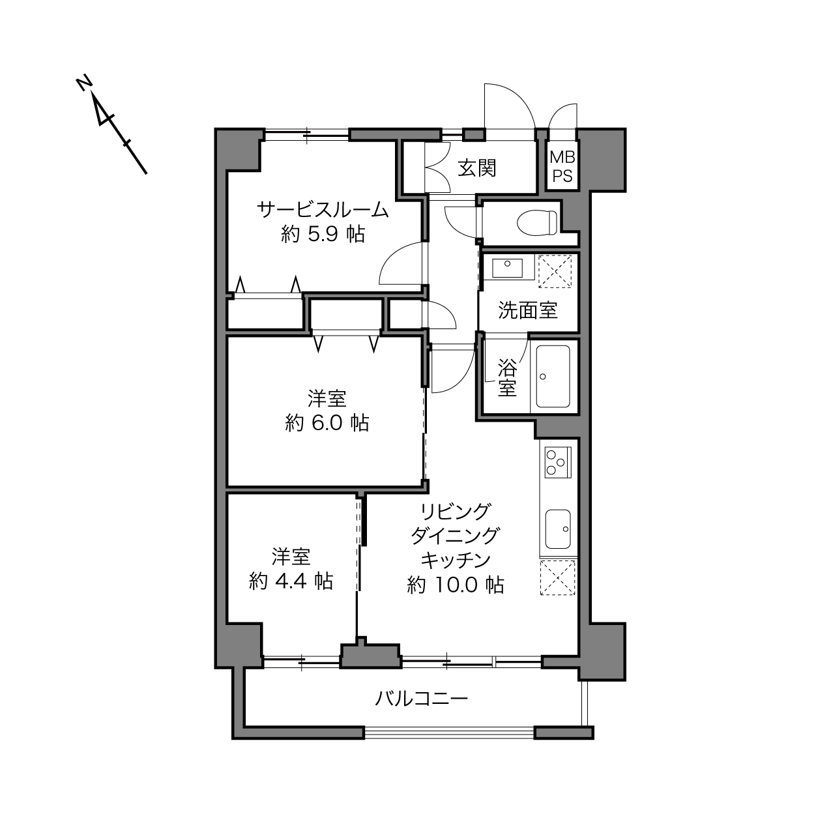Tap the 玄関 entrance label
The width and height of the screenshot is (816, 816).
click(477, 168)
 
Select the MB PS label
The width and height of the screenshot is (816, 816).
click(562, 166)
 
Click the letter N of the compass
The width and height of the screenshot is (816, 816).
click(85, 83)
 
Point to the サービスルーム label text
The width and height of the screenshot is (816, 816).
click(323, 210)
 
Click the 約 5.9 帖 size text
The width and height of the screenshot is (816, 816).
click(323, 233)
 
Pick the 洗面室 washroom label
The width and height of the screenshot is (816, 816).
click(528, 310)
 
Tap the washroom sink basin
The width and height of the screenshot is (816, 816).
click(507, 268)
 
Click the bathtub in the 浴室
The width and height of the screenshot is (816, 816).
click(553, 376)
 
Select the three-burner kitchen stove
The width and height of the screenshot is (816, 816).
click(558, 462)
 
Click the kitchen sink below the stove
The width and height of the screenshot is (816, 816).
click(558, 529)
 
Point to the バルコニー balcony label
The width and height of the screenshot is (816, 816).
click(421, 698)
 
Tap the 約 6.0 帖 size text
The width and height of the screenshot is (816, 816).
click(327, 422)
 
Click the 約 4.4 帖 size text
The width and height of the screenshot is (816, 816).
click(291, 581)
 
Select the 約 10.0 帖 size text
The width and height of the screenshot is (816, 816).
click(455, 585)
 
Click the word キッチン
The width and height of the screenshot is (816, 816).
click(455, 561)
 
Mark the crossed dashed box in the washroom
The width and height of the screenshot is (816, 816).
click(555, 271)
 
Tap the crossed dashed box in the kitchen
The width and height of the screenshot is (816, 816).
click(558, 578)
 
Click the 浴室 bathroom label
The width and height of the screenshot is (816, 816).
click(507, 377)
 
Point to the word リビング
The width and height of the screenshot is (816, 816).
click(455, 512)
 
